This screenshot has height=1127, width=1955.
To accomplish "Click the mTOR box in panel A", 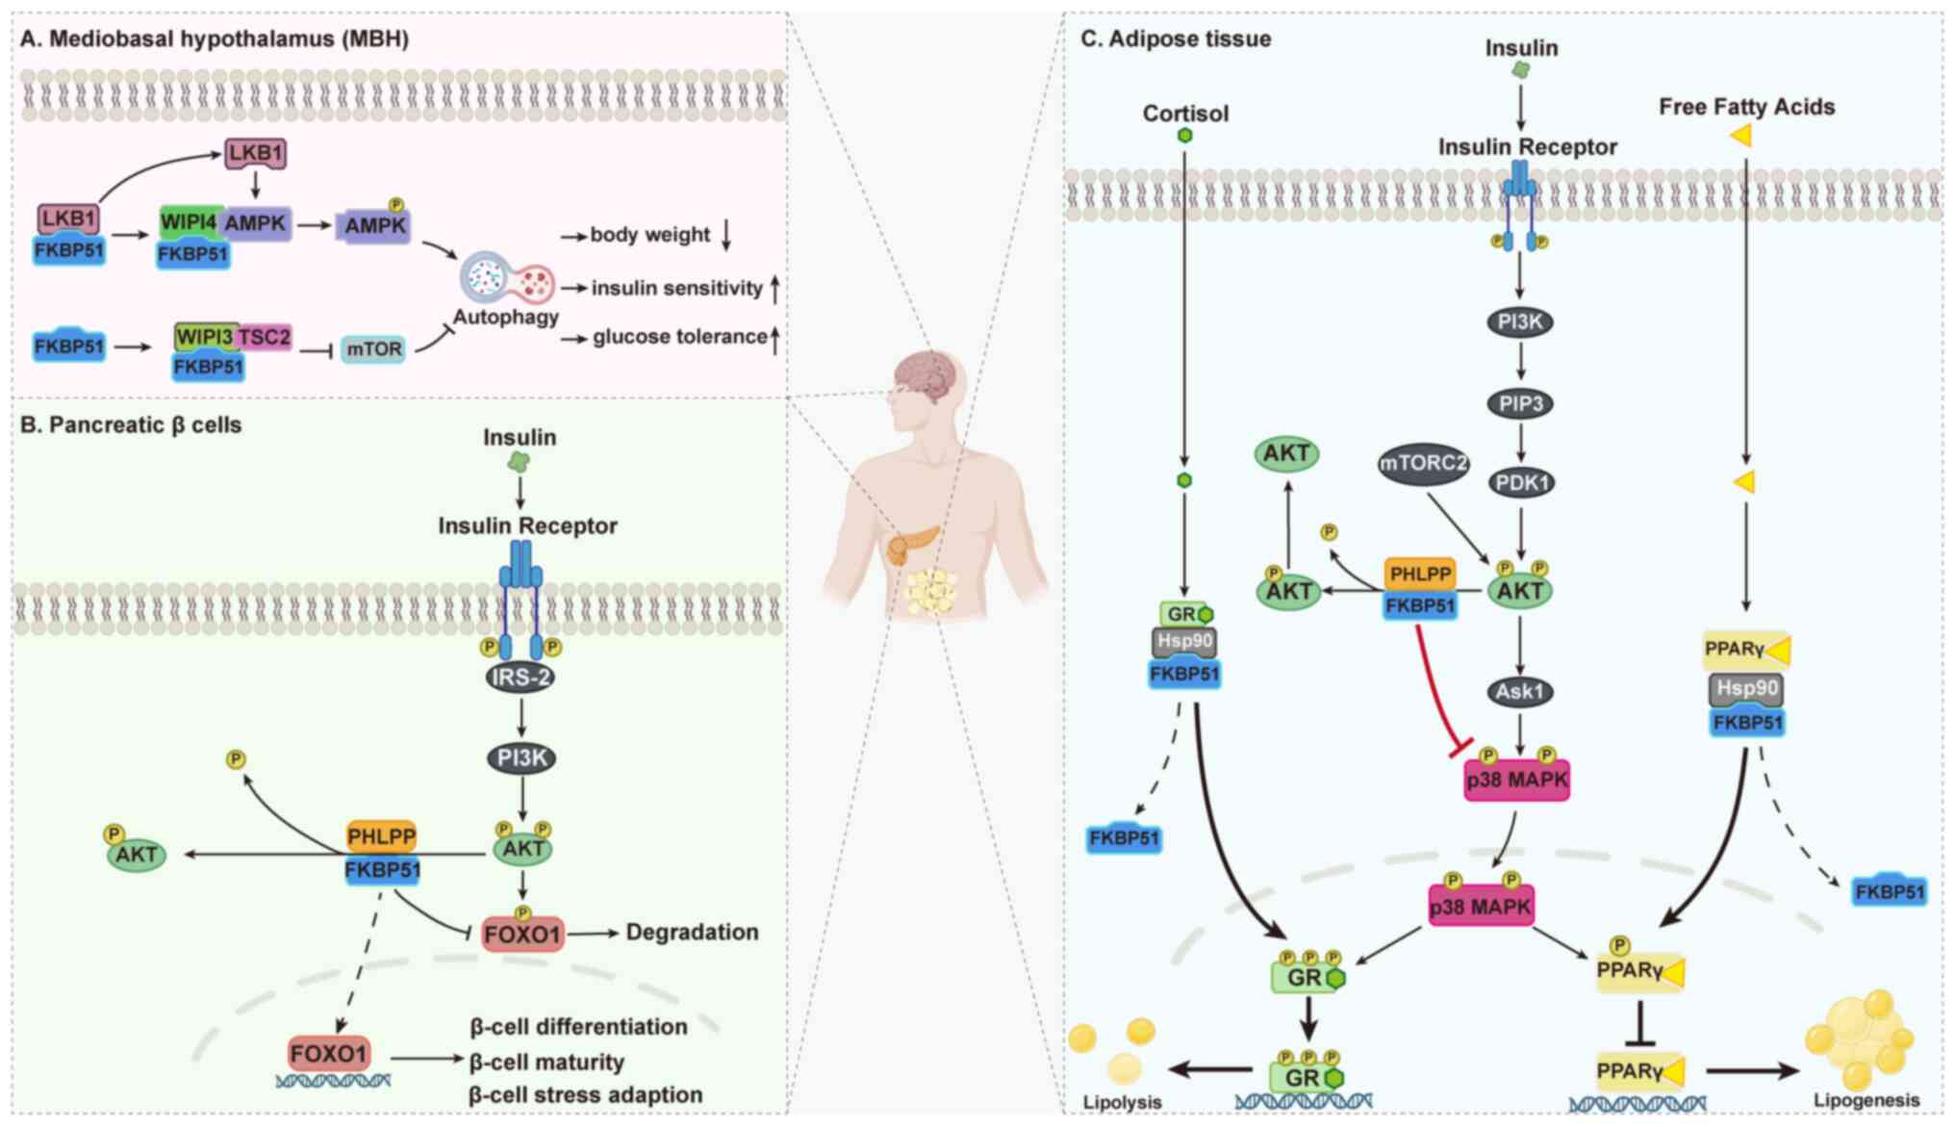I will coord(373,349).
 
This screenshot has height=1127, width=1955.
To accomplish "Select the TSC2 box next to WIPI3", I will coord(265,337).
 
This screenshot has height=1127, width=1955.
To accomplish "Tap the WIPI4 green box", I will coord(189,222).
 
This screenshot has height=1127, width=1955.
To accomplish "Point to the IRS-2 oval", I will coord(520,677).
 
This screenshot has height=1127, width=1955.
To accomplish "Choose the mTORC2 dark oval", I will coord(1423,463).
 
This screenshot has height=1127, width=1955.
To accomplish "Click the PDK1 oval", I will coord(1520,482).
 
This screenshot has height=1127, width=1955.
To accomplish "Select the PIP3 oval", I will coord(1520,403).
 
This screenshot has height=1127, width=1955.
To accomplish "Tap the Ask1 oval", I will coord(1520,691).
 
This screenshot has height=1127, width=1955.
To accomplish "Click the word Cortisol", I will coord(1185,114).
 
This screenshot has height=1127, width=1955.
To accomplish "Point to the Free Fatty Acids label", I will coord(1746,107).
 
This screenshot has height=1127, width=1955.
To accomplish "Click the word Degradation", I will coord(692,932).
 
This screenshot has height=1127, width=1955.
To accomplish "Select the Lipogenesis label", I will coord(1866,1100).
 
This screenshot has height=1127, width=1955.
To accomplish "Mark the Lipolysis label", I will coord(1122,1102).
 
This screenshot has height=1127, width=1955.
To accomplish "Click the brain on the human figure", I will coord(926,375).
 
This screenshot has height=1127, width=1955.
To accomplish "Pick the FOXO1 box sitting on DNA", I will coord(328,1054).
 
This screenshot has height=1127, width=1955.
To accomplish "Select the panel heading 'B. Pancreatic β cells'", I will coord(131,425).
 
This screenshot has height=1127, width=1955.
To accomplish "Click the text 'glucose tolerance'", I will coord(679,337).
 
